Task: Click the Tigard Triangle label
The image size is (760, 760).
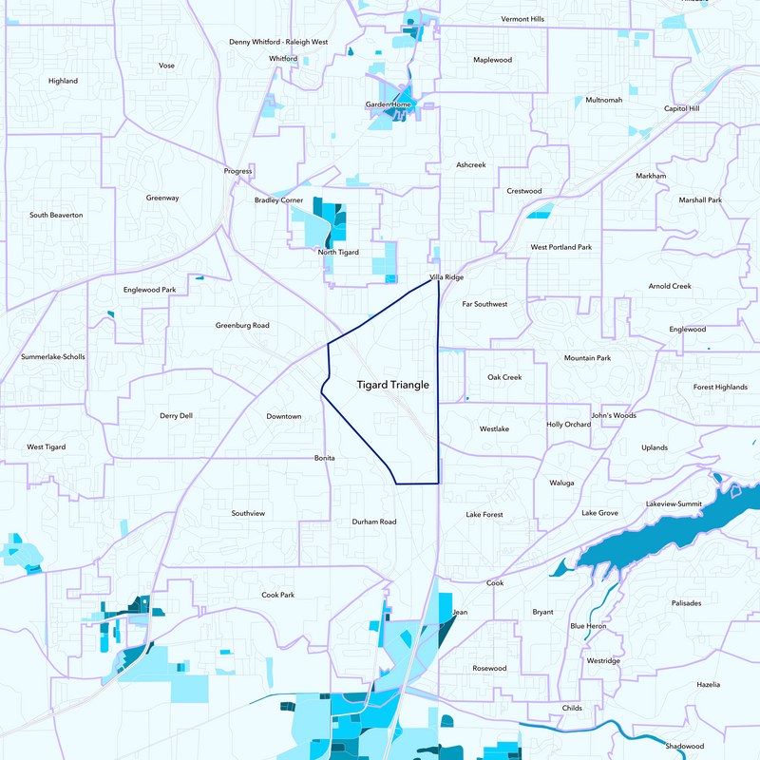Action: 392,385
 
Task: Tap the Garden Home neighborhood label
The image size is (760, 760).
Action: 388,104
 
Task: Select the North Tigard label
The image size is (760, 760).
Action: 338,253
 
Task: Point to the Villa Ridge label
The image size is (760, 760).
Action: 446,277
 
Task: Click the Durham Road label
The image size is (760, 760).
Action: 373,522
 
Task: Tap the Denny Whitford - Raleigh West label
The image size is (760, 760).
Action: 278,42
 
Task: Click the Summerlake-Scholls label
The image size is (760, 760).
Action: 53,357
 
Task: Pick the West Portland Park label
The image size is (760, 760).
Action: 560,247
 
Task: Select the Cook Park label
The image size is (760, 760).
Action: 278,595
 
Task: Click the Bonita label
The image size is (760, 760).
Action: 326,458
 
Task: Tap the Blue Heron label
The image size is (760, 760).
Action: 589,626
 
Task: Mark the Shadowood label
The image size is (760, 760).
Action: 688,746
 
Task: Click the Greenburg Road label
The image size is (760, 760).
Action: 242,325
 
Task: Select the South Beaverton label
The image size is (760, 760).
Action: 56,215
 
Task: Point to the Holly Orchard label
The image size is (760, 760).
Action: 569,425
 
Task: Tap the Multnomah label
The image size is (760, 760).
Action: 604,100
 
